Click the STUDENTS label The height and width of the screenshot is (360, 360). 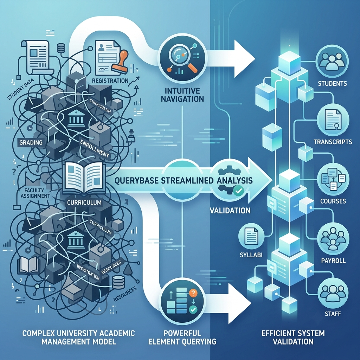[x=332, y=83]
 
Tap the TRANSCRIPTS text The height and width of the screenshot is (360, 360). [x=333, y=142]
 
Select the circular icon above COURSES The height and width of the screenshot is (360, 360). [x=333, y=179]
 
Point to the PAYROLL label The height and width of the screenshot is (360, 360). [x=333, y=261]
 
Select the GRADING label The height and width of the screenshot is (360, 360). [x=31, y=143]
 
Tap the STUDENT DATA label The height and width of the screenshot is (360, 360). [x=21, y=89]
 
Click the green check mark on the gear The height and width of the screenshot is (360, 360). [x=239, y=190]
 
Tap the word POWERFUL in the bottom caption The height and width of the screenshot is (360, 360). [x=182, y=333]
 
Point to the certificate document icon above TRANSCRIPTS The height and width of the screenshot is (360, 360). [x=333, y=120]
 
